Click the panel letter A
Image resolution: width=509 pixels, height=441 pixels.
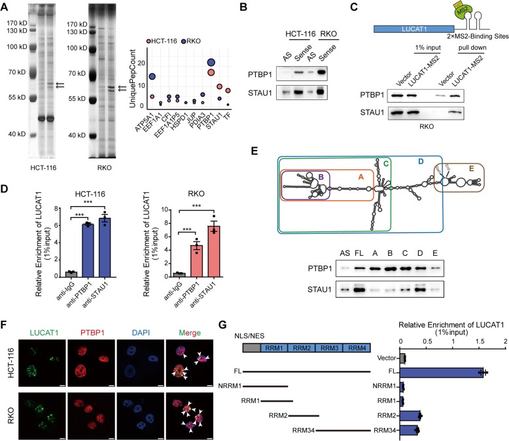(6, 6)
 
